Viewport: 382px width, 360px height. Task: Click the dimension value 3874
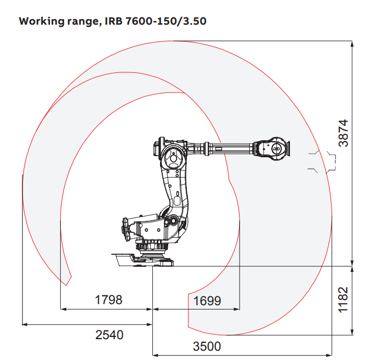(x=344, y=133)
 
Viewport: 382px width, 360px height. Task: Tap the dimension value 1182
(x=343, y=300)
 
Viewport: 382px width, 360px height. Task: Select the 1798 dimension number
(x=109, y=300)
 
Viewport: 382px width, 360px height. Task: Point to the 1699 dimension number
(x=207, y=301)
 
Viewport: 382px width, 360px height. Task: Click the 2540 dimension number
(x=109, y=335)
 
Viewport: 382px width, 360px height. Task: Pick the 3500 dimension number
(x=207, y=346)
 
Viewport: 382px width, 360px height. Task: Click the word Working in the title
(x=42, y=21)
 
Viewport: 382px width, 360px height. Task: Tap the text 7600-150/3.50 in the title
(x=166, y=21)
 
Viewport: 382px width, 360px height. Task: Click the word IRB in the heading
(x=114, y=21)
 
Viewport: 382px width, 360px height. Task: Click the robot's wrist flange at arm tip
(x=288, y=148)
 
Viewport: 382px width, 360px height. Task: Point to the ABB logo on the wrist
(x=277, y=149)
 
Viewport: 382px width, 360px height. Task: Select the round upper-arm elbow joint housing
(x=173, y=158)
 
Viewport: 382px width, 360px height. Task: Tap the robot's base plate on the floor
(x=142, y=260)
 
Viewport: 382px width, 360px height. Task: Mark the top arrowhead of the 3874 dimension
(x=352, y=44)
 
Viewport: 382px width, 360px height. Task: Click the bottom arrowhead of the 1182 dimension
(x=352, y=332)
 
